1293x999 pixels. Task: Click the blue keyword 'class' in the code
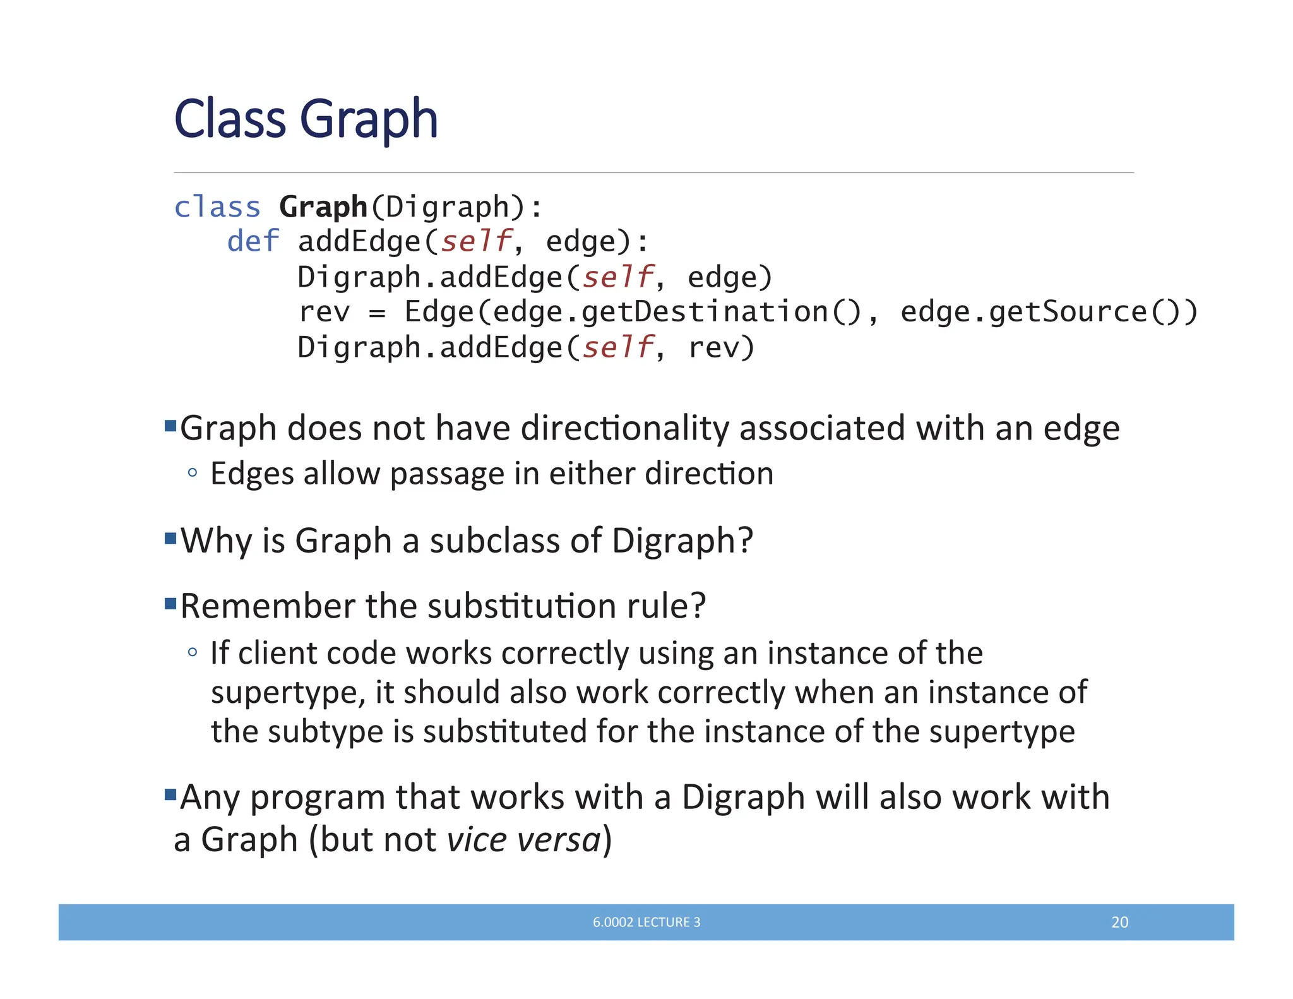(x=217, y=207)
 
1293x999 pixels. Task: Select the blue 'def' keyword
(x=253, y=241)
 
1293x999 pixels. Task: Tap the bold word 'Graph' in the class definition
(x=323, y=207)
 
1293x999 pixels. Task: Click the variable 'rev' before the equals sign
(x=323, y=312)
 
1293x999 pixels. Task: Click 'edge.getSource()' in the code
(x=1048, y=312)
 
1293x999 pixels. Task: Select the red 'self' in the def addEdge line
(x=476, y=241)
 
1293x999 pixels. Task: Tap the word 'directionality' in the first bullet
(x=624, y=428)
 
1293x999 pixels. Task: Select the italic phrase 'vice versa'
(x=523, y=840)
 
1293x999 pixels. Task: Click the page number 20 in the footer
(x=1119, y=922)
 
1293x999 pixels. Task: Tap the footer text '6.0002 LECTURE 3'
(x=646, y=922)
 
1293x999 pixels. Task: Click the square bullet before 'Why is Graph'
(x=170, y=538)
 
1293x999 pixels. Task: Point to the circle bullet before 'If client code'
(x=193, y=652)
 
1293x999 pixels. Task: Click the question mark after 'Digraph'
(x=745, y=541)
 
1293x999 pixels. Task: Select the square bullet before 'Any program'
(x=170, y=794)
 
